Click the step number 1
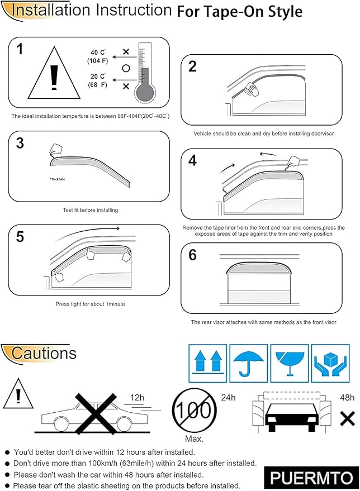21,50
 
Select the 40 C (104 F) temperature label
97,56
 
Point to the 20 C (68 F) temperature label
97,80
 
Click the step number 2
192,67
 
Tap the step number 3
20,143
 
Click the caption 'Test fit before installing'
90,210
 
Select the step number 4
192,161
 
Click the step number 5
20,236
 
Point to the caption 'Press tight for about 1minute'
90,304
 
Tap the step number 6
192,255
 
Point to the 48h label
347,398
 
